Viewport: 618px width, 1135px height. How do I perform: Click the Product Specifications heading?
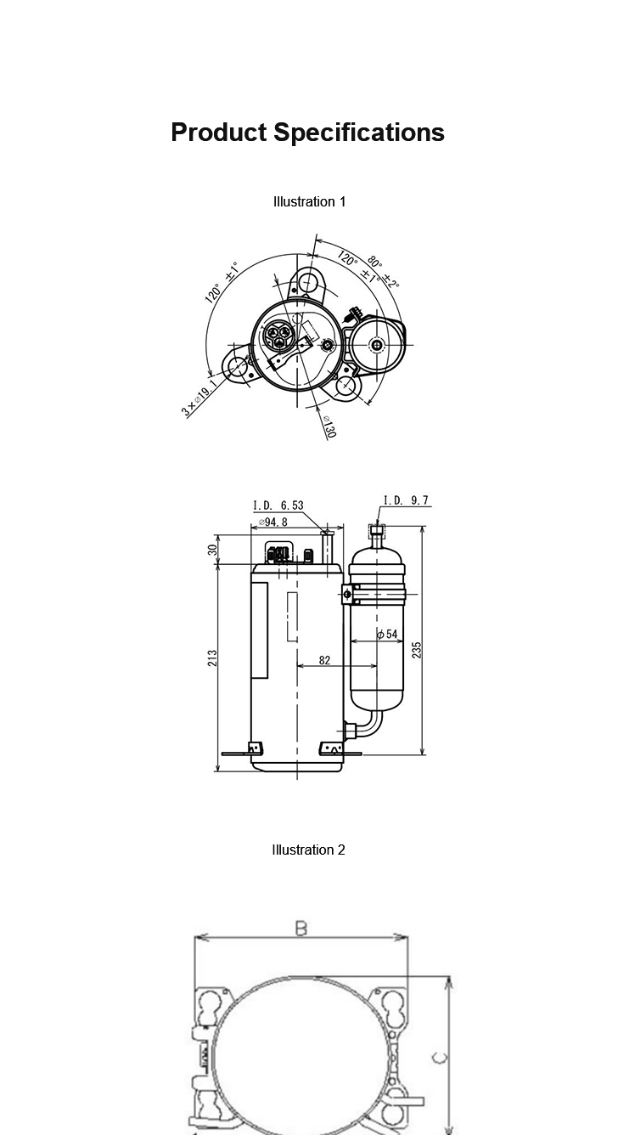coord(308,133)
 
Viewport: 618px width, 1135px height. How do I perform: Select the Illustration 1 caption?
coord(309,201)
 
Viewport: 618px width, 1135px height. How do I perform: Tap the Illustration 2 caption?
coord(308,850)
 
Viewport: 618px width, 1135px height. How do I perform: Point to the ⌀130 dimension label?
coord(329,426)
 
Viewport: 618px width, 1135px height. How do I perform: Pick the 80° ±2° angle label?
coord(383,272)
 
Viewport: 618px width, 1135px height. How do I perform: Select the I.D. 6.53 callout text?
coord(278,505)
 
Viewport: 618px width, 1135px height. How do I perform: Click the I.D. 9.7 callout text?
coord(406,500)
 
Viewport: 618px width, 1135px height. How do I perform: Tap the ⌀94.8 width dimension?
coord(272,522)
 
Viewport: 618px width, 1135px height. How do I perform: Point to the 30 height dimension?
coord(213,550)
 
